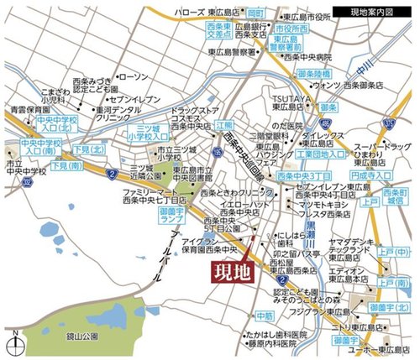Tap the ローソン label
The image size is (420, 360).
click(x=134, y=77)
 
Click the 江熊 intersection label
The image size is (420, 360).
click(x=223, y=124)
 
